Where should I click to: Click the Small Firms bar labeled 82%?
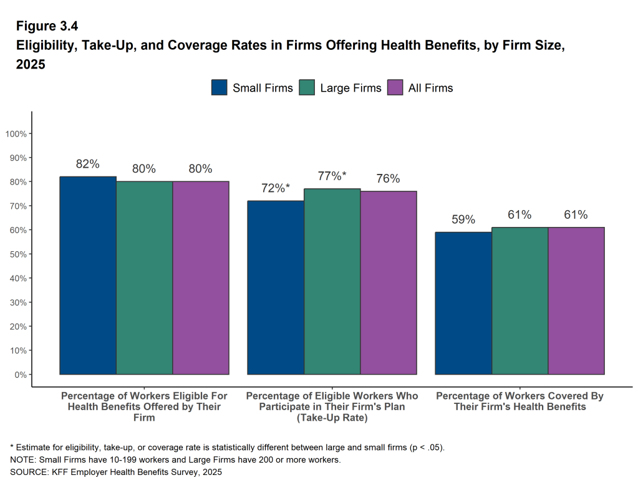[x=88, y=275]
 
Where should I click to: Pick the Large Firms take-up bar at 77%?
[x=332, y=281]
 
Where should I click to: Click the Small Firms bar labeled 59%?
[x=463, y=303]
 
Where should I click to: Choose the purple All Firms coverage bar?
[x=576, y=300]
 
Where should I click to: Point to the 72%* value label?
[x=276, y=188]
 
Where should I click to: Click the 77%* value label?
[x=332, y=176]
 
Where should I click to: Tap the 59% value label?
[x=463, y=219]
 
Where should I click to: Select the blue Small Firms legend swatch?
[x=220, y=88]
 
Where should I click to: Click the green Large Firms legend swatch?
[x=307, y=88]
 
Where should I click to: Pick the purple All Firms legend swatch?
[x=395, y=88]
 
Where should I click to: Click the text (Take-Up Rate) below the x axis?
[x=332, y=418]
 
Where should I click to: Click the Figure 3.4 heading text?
[x=47, y=26]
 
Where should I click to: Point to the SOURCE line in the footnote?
[x=116, y=472]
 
